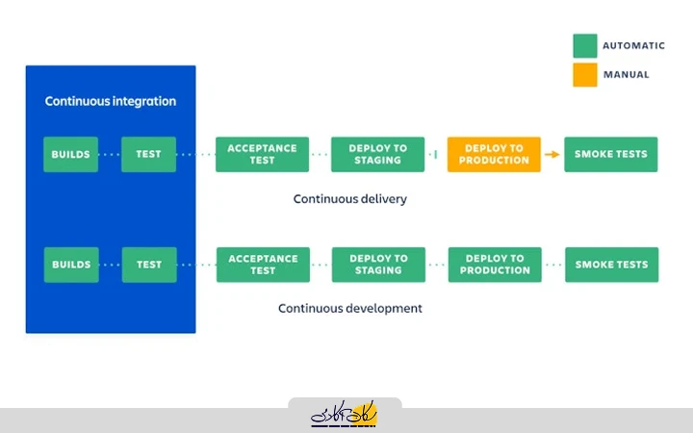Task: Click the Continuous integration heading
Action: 111,101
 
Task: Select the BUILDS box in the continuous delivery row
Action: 71,154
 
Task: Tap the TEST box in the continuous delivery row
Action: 149,154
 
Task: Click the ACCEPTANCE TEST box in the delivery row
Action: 263,154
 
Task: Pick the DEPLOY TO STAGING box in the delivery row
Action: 378,154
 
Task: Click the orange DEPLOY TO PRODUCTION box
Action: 494,154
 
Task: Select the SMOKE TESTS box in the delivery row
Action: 611,154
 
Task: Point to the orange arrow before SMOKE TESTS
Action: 552,154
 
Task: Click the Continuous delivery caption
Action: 350,199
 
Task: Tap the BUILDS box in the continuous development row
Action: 71,265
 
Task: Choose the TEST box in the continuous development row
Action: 149,265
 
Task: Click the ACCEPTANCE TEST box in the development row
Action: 263,265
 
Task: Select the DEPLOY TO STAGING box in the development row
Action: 378,265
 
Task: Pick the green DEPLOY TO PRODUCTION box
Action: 495,265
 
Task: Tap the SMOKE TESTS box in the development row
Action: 611,265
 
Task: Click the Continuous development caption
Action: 350,309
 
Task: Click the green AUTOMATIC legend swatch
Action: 584,46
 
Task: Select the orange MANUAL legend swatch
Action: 584,74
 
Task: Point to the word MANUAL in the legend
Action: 626,74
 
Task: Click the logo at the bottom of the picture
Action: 345,415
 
